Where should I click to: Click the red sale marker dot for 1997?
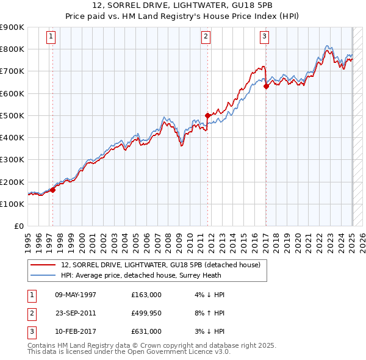[x=52, y=190]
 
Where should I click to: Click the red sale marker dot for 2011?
[x=207, y=115]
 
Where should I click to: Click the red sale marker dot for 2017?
[x=266, y=86]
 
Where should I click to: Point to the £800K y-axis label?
[x=12, y=49]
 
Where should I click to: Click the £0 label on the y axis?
[x=18, y=226]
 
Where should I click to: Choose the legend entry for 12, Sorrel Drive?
[x=160, y=265]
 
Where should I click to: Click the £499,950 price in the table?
[x=146, y=312]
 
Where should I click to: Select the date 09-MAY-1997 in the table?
[x=76, y=295]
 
